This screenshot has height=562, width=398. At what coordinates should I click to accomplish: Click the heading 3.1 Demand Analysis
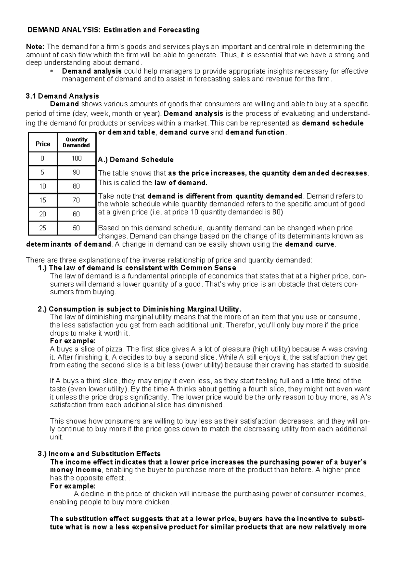pyautogui.click(x=62, y=96)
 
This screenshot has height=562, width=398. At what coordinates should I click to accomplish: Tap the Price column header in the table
pyautogui.click(x=43, y=144)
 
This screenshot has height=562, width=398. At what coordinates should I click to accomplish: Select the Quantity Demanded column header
pyautogui.click(x=76, y=142)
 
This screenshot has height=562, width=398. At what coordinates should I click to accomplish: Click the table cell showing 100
pyautogui.click(x=76, y=158)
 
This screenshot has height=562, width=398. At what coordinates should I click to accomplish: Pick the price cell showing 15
pyautogui.click(x=42, y=200)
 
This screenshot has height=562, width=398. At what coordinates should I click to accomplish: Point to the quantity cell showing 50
pyautogui.click(x=76, y=228)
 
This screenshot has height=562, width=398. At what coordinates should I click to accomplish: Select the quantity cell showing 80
pyautogui.click(x=76, y=186)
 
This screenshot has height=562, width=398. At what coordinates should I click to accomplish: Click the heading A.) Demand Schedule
pyautogui.click(x=136, y=160)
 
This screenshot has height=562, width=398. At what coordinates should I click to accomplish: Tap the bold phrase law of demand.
pyautogui.click(x=181, y=183)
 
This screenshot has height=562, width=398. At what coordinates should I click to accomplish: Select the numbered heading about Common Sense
pyautogui.click(x=137, y=268)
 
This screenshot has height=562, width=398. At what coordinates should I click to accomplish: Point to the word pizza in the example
pyautogui.click(x=114, y=349)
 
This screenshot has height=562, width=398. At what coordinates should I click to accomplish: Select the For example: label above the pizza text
pyautogui.click(x=72, y=341)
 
